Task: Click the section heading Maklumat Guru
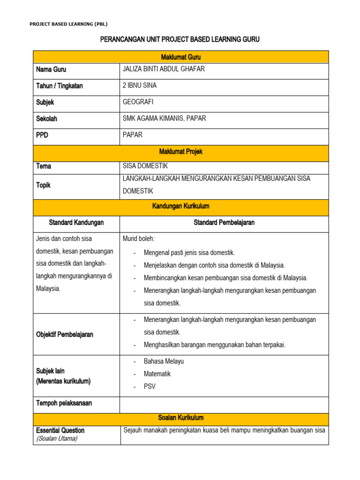tap(180, 57)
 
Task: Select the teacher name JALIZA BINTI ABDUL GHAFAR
tap(163, 69)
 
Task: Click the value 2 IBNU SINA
tap(139, 86)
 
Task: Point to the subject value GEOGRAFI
tap(138, 102)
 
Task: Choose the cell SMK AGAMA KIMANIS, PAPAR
tap(164, 119)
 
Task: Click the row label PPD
tap(42, 135)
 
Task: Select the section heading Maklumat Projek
tap(180, 152)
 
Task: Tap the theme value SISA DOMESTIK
tap(145, 166)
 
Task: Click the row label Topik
tap(43, 185)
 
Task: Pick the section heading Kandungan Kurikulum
tap(180, 206)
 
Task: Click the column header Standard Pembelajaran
tap(224, 223)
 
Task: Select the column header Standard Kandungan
tap(76, 223)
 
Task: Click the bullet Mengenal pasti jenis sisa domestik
tap(189, 253)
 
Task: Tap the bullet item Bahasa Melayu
tap(164, 361)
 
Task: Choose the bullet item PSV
tap(150, 387)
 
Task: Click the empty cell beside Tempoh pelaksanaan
tap(224, 404)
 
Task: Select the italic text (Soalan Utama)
tap(57, 439)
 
